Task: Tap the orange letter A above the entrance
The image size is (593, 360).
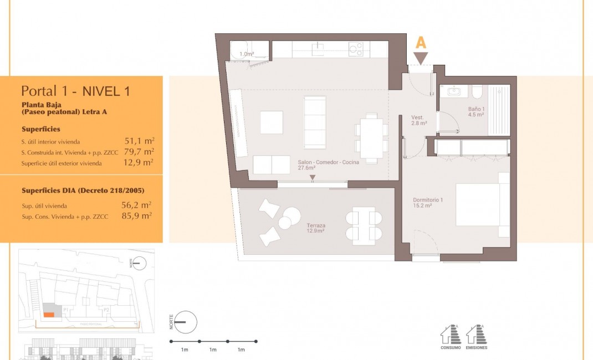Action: coord(421,43)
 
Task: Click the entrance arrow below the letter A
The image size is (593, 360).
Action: coord(421,57)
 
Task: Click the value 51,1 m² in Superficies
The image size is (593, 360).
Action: coord(139,141)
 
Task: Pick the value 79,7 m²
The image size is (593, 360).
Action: coord(139,152)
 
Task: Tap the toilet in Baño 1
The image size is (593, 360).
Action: coord(477,91)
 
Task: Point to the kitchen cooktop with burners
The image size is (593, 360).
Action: coord(356,50)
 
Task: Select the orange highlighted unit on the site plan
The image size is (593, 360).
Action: coord(49,314)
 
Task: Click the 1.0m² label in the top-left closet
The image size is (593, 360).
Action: coord(246,54)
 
